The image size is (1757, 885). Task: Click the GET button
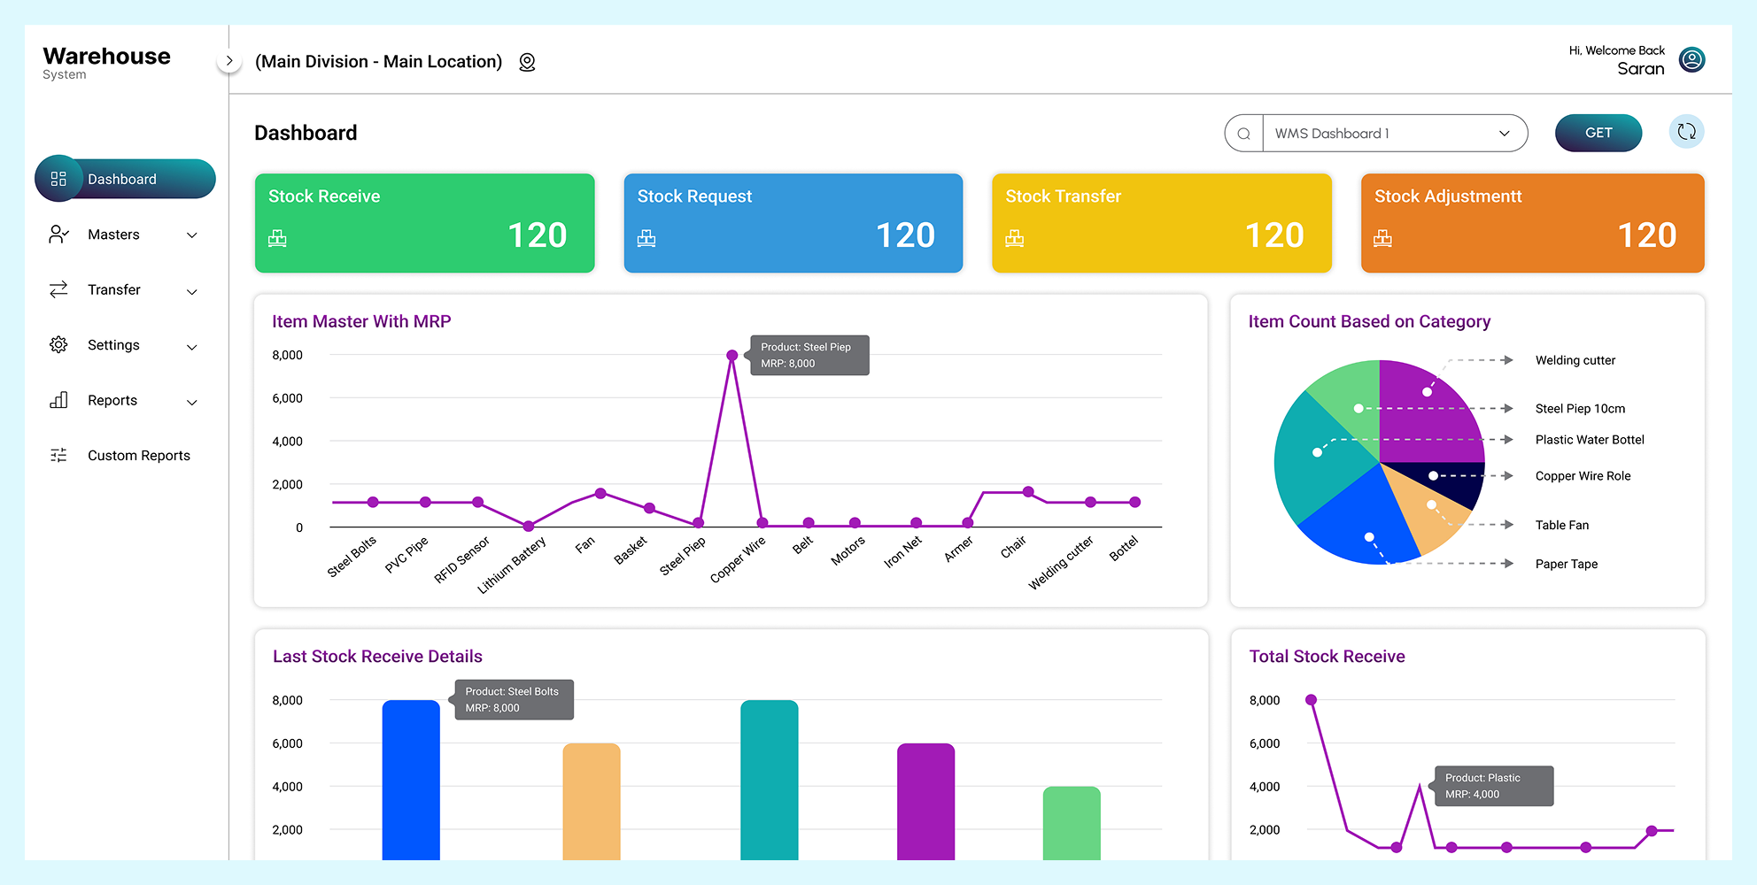point(1598,133)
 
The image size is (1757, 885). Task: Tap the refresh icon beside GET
point(1686,132)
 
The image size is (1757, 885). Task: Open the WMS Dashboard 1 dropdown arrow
point(1504,134)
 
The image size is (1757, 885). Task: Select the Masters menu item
point(113,235)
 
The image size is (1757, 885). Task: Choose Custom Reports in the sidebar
point(138,456)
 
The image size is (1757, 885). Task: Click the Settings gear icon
point(58,345)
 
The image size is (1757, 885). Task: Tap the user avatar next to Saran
point(1691,59)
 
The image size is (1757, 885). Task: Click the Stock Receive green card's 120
point(537,235)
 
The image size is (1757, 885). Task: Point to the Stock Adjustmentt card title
point(1447,196)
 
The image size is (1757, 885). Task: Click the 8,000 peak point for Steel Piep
point(731,355)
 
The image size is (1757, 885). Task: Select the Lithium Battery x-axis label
point(512,565)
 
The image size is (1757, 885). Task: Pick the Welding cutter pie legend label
point(1575,360)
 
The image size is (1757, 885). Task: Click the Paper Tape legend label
point(1566,564)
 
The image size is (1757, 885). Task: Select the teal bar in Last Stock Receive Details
point(769,779)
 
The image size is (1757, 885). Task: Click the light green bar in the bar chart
point(1072,823)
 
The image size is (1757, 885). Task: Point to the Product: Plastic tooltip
point(1494,786)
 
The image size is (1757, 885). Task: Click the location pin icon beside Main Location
point(527,62)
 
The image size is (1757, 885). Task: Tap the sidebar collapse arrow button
point(229,61)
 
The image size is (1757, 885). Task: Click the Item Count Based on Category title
point(1369,321)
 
